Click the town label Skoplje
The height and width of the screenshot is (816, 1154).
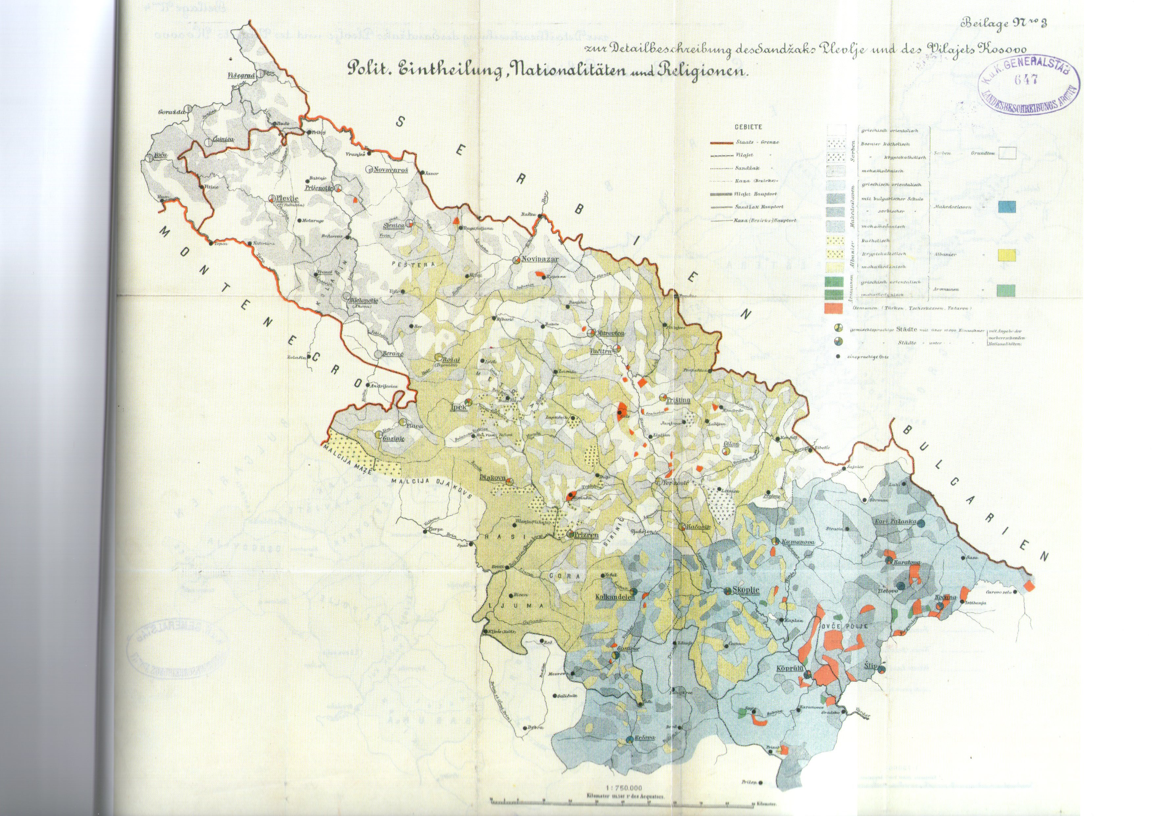pos(745,592)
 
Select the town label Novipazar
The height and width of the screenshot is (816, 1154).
pos(537,260)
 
